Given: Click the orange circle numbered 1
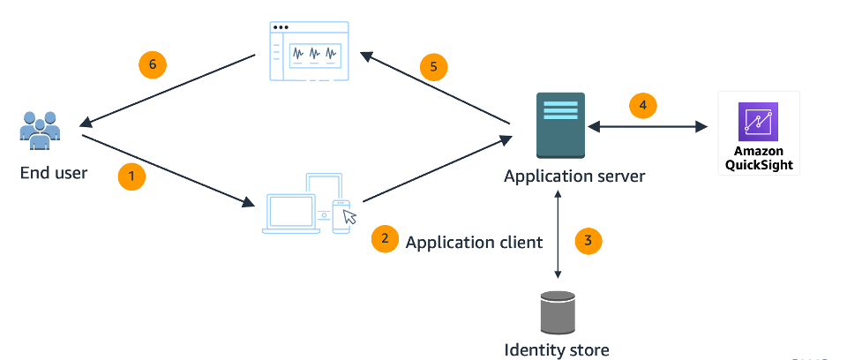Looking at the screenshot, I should [131, 176].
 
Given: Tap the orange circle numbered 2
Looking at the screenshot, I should [385, 239].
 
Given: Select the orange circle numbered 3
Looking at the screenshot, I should [588, 239].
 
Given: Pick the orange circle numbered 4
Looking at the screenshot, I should [643, 106].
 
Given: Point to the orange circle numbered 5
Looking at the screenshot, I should [433, 68].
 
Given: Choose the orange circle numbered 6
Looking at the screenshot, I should [153, 64].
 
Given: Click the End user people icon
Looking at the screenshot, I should [40, 131].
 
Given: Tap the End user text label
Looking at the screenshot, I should [54, 173].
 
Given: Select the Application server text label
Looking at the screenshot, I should [574, 176].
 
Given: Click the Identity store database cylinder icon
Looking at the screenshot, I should [557, 311].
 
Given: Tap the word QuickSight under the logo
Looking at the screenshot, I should [759, 165].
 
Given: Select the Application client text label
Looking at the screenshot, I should [474, 242].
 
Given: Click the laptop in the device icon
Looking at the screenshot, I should [290, 213].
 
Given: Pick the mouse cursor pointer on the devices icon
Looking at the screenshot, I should [350, 216].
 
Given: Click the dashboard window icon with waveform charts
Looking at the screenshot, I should [310, 52].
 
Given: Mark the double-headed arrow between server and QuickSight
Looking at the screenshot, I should [648, 128].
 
